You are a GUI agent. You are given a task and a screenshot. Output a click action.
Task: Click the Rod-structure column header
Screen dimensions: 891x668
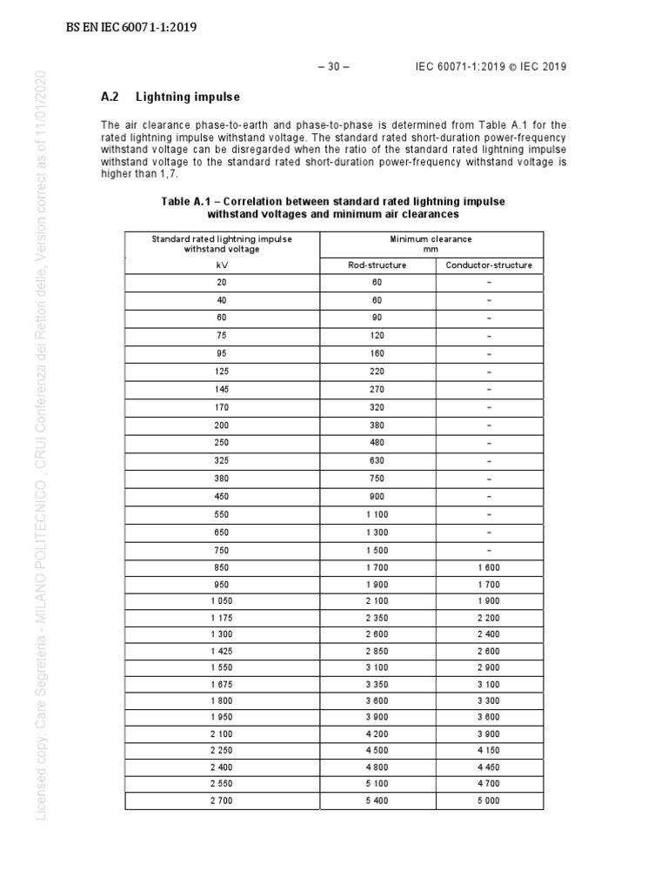[x=377, y=265]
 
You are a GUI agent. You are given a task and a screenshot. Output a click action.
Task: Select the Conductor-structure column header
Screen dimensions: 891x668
[x=489, y=265]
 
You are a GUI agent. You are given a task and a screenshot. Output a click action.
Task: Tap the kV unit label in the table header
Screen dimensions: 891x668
[x=222, y=265]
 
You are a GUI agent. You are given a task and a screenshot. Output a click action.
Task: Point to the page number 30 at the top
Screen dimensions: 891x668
[x=333, y=68]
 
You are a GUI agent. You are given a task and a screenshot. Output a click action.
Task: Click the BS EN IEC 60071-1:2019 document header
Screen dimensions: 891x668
[x=132, y=27]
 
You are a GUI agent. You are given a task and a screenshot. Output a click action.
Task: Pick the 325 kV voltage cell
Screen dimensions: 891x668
[x=222, y=460]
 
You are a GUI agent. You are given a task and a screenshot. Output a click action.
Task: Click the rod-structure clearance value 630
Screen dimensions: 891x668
[x=377, y=460]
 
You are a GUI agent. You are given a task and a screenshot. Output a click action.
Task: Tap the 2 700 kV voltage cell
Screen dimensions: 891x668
[x=222, y=801]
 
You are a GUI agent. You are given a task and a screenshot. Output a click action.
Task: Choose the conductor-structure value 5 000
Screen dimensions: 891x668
[x=489, y=801]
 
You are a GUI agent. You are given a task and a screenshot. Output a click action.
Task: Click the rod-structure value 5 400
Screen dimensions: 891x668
[x=377, y=801]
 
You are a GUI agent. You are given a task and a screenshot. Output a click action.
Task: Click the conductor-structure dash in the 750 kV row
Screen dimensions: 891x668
[x=489, y=549]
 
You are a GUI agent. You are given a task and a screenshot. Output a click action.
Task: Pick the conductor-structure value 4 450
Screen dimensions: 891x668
[x=489, y=766]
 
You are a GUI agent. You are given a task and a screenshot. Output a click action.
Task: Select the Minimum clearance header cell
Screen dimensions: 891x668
[x=432, y=244]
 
